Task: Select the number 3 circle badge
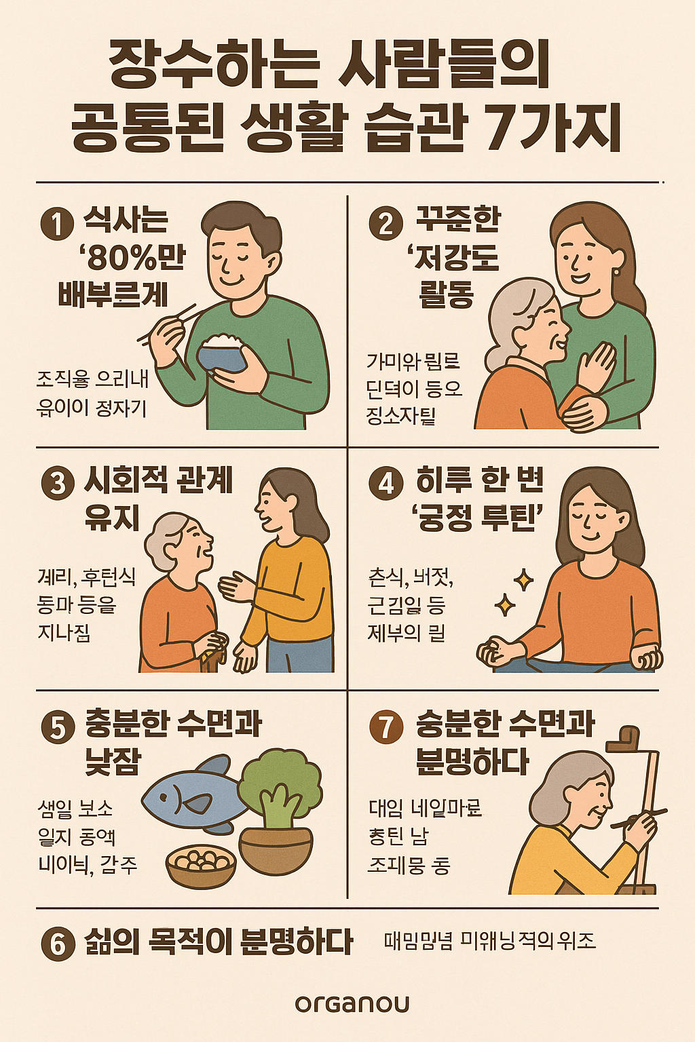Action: point(57,483)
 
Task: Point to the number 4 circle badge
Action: point(386,483)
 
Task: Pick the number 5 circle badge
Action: point(57,727)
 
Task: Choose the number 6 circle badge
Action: point(57,943)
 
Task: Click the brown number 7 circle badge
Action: point(386,727)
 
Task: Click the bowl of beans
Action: point(201,865)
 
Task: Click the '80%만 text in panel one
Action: point(133,258)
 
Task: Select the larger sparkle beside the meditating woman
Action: point(523,580)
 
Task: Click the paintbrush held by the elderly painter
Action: point(638,817)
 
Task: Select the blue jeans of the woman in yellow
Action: point(299,655)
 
